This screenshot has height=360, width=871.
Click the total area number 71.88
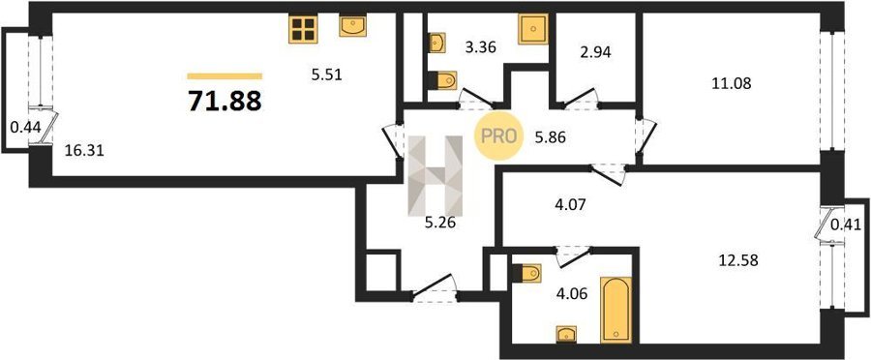225,101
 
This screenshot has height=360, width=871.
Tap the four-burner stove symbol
303,29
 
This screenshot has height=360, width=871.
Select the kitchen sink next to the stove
352,26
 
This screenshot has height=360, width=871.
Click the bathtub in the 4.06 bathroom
616,310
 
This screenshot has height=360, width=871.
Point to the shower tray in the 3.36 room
533,29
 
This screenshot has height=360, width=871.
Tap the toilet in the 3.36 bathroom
442,80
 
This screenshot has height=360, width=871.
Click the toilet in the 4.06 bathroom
526,273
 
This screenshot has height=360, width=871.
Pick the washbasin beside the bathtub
566,334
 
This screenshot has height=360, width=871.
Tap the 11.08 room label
731,84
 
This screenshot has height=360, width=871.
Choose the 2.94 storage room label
595,53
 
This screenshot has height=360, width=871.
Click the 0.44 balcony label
25,127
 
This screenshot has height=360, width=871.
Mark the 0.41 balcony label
846,225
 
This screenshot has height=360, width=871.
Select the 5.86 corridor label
550,137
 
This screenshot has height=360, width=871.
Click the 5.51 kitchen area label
326,75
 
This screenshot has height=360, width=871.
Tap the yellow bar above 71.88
225,76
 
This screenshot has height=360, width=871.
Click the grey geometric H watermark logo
435,175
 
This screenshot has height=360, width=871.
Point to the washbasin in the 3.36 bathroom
437,43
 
